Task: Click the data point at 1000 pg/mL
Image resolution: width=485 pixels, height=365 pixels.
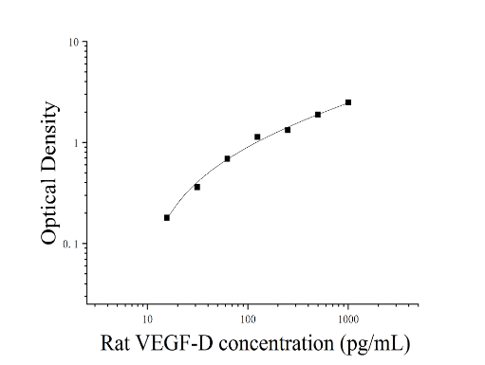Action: point(348,102)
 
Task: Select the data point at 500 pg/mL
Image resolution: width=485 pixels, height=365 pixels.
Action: point(318,115)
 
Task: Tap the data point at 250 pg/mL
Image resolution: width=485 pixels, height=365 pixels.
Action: point(288,130)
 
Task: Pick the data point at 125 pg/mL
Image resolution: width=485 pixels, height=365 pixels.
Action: point(257,137)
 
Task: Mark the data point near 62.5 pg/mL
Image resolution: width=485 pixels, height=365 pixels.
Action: point(227,158)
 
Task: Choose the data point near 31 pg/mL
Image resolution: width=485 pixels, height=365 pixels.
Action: point(197,187)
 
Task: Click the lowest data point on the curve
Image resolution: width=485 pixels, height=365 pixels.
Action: point(167,218)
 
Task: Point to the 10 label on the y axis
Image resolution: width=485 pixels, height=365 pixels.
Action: point(73,43)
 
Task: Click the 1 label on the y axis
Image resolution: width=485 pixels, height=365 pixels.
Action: point(76,143)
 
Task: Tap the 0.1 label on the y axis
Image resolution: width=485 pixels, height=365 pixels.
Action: point(70,245)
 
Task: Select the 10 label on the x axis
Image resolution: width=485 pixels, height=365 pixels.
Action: point(147,319)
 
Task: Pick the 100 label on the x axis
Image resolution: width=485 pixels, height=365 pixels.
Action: point(248,319)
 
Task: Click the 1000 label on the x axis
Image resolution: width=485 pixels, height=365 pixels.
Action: point(348,319)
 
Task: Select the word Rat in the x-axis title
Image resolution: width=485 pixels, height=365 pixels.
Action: point(115,343)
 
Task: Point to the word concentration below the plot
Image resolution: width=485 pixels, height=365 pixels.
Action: point(276,344)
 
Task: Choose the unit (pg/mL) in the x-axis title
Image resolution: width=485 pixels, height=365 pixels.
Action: point(375,344)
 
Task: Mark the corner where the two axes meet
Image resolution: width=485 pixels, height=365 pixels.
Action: point(87,304)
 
